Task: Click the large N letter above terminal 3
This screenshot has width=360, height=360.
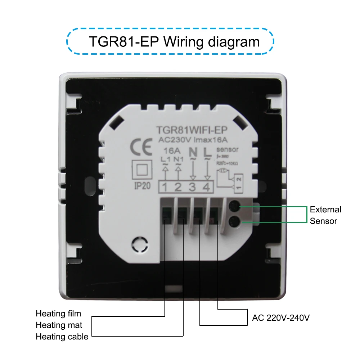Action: [x=193, y=153]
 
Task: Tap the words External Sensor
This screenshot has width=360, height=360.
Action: [x=325, y=215]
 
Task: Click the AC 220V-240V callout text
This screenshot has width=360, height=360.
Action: [x=281, y=318]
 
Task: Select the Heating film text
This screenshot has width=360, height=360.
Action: [x=58, y=314]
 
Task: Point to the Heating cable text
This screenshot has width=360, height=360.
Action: [x=62, y=337]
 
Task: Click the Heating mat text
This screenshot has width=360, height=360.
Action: [x=59, y=325]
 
